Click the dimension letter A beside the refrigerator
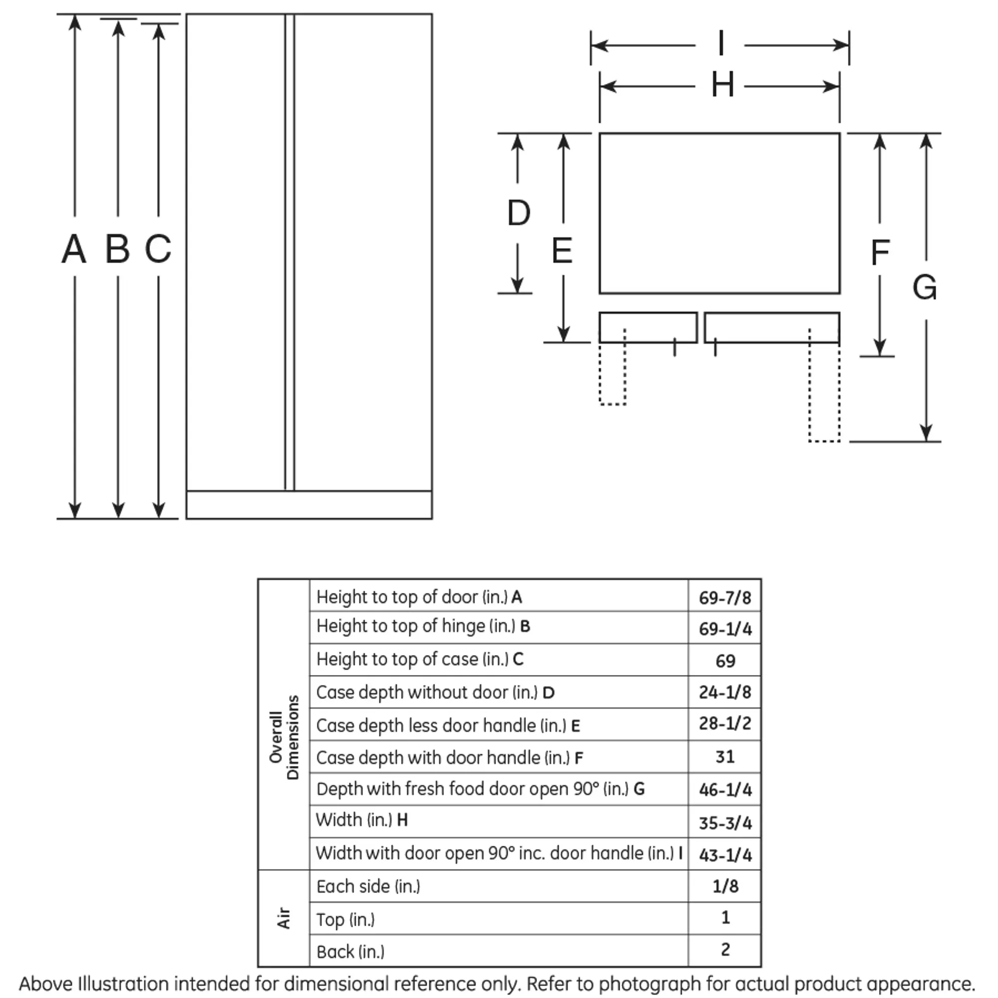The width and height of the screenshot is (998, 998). pyautogui.click(x=74, y=249)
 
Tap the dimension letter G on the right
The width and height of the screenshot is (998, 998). pyautogui.click(x=925, y=287)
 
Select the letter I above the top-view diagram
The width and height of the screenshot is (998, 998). pyautogui.click(x=721, y=43)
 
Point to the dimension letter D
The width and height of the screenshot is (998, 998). pyautogui.click(x=518, y=213)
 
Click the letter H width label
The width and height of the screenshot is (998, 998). pyautogui.click(x=723, y=84)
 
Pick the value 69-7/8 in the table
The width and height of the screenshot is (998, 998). pyautogui.click(x=725, y=598)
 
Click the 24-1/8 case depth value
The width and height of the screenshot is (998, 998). pyautogui.click(x=725, y=692)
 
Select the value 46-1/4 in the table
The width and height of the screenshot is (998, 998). pyautogui.click(x=725, y=789)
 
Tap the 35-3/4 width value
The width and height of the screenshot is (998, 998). pyautogui.click(x=725, y=822)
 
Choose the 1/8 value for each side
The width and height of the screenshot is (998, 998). pyautogui.click(x=725, y=886)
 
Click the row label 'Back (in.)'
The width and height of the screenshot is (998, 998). pyautogui.click(x=350, y=952)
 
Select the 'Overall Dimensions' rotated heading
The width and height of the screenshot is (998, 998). pyautogui.click(x=283, y=737)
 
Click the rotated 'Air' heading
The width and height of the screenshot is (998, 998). pyautogui.click(x=283, y=918)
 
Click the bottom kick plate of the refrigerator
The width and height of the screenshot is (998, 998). pyautogui.click(x=309, y=504)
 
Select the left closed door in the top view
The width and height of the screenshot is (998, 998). pyautogui.click(x=648, y=327)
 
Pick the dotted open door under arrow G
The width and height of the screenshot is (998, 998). pyautogui.click(x=824, y=385)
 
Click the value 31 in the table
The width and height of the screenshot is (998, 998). pyautogui.click(x=725, y=756)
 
